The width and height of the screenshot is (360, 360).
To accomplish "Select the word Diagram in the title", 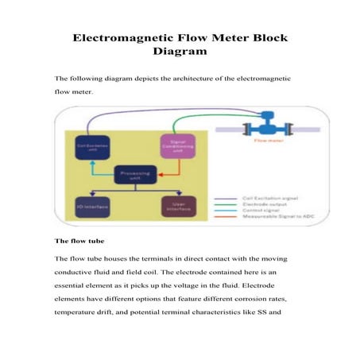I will tap(179, 52).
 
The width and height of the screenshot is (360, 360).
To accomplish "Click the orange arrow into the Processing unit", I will tap(160, 168).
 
